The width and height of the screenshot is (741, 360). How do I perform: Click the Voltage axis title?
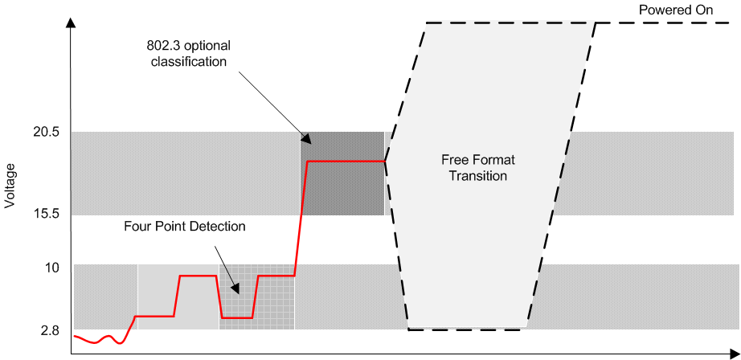pyautogui.click(x=10, y=186)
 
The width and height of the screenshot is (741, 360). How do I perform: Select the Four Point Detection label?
pyautogui.click(x=185, y=227)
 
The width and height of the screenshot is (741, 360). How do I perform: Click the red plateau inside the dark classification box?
pyautogui.click(x=346, y=162)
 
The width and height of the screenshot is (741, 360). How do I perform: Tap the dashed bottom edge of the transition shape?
pyautogui.click(x=467, y=329)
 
